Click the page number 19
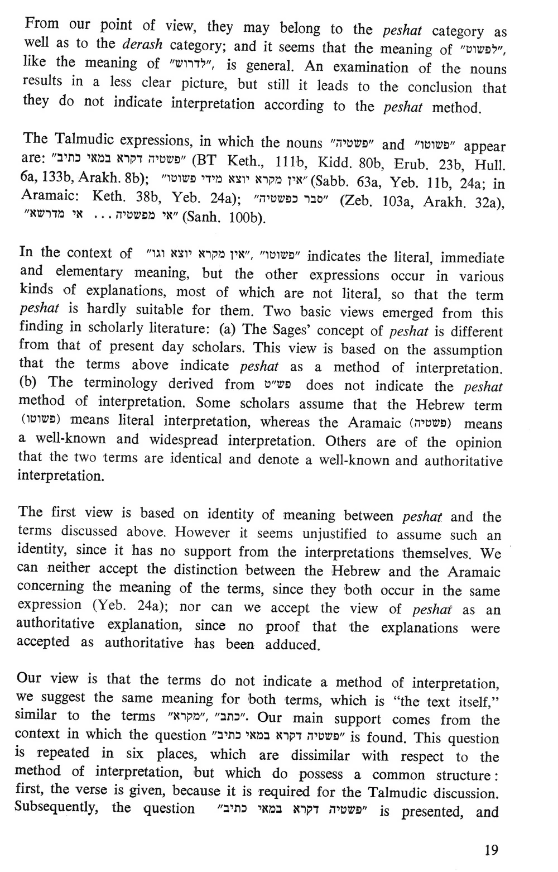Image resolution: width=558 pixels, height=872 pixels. [x=491, y=850]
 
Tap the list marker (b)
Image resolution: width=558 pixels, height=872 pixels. [x=29, y=383]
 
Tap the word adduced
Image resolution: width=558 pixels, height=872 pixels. [x=292, y=646]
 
